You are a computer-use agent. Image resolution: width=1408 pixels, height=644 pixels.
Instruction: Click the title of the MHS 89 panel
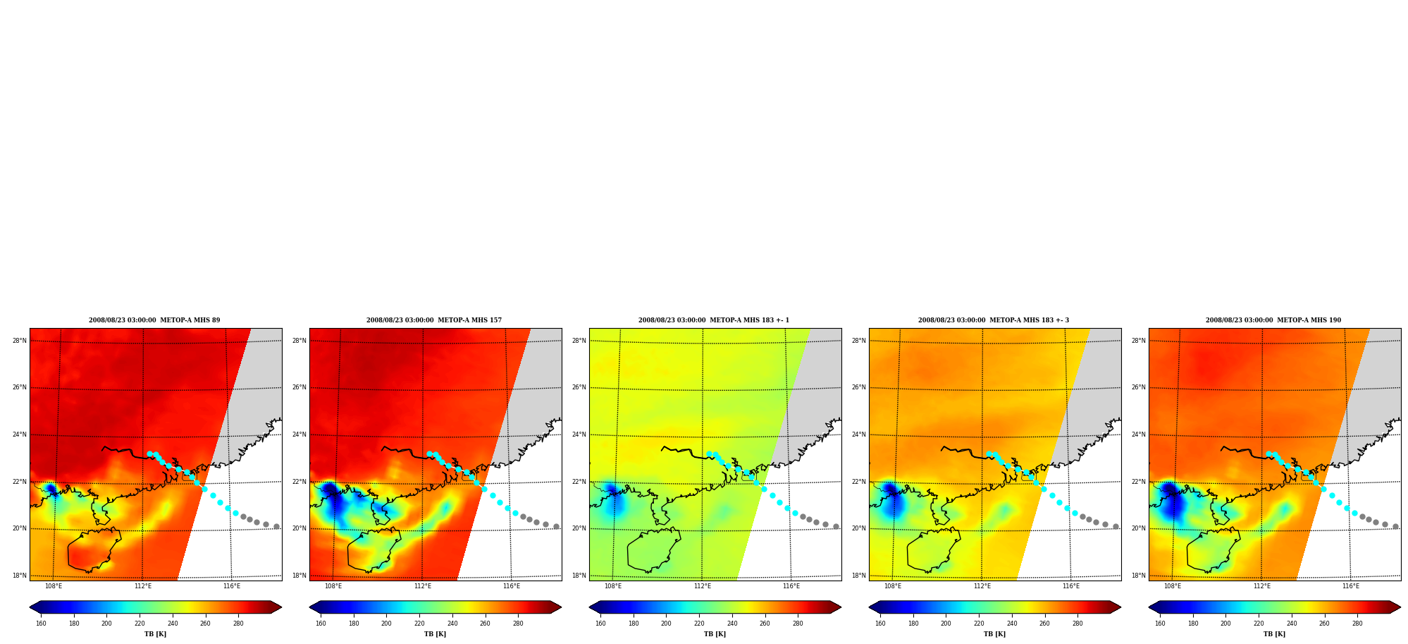pos(154,320)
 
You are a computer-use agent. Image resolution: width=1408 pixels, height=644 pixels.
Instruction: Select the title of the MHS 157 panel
pos(434,320)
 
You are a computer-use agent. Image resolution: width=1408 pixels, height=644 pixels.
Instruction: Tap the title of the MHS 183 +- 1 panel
pos(714,320)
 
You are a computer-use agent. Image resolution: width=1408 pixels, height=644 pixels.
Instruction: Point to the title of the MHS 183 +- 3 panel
pos(994,320)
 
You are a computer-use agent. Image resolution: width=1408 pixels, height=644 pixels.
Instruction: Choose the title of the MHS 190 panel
pos(1273,320)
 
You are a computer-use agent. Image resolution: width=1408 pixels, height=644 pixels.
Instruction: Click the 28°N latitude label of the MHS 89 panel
pos(19,341)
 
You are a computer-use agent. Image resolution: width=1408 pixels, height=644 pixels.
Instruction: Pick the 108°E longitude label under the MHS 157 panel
pos(333,586)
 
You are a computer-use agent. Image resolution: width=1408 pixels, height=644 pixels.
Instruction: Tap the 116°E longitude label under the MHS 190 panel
pos(1351,586)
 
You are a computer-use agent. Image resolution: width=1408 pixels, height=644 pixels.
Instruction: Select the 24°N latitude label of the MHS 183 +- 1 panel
pos(579,435)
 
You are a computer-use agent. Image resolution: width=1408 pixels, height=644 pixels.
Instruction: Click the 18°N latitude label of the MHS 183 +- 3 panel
pos(858,576)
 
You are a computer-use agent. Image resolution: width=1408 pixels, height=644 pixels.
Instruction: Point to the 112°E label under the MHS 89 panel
pos(143,586)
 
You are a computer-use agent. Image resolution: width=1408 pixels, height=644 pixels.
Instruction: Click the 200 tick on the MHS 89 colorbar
pos(106,624)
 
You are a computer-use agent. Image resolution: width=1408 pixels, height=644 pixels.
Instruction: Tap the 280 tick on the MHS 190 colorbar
pos(1357,624)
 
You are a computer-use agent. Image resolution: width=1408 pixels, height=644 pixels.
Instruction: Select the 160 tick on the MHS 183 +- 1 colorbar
pos(600,624)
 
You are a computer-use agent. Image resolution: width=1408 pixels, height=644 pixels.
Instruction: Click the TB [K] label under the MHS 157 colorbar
pos(435,634)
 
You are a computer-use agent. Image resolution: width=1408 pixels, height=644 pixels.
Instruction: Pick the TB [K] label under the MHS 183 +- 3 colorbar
pos(994,634)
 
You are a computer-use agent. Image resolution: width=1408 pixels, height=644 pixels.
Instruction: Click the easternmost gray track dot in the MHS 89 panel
pos(276,526)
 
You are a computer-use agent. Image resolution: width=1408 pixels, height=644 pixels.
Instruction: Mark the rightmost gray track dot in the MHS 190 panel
pos(1395,526)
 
